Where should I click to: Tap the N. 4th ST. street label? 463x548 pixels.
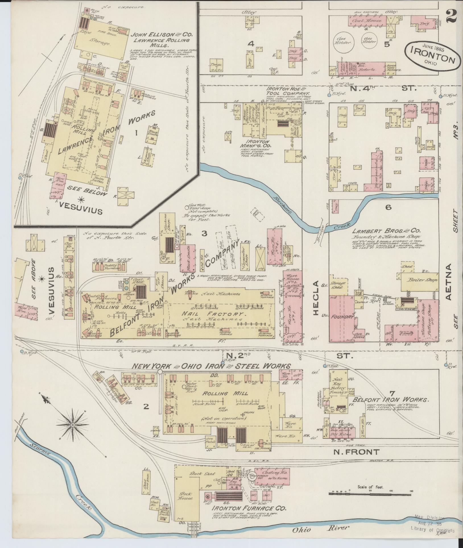(381, 88)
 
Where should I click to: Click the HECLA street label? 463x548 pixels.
(316, 298)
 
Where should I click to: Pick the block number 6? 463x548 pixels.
(388, 207)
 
